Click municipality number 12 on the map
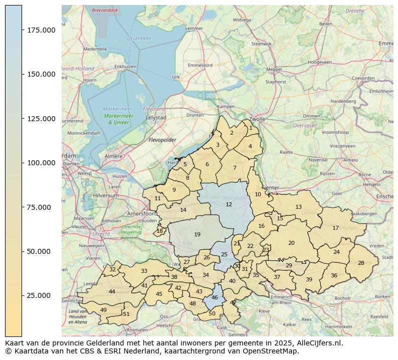tap(229, 204)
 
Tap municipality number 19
tap(197, 234)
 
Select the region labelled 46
tap(215, 297)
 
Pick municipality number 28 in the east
tap(361, 263)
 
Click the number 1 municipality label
tap(251, 128)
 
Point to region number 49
tap(103, 310)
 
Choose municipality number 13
tap(298, 207)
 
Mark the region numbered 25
tap(224, 254)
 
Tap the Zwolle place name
tap(257, 120)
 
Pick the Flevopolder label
tap(162, 140)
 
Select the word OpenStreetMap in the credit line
tap(274, 351)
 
